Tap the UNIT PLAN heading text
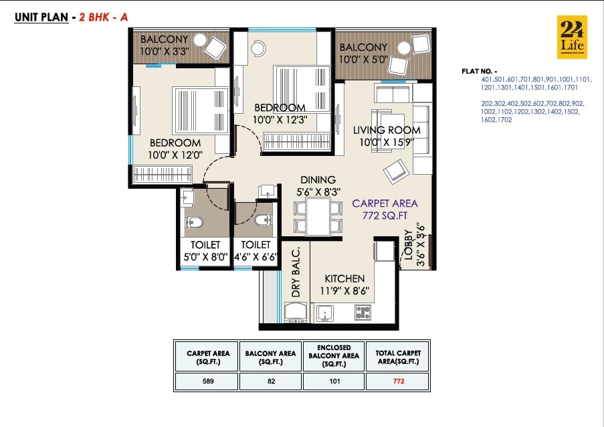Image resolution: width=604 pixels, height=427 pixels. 40,18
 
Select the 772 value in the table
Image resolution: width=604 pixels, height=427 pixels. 399,381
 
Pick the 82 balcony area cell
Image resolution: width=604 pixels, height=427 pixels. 270,381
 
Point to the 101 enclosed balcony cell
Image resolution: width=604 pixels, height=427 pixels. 334,381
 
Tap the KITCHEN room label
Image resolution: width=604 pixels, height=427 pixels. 344,278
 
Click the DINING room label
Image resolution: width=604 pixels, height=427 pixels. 318,180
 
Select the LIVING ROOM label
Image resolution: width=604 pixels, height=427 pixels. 387,130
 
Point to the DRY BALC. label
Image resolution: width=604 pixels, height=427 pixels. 296,271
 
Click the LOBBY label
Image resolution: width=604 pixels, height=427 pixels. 409,246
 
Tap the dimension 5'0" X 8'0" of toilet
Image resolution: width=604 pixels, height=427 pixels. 205,256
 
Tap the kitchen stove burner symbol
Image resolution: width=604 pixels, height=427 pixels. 363,312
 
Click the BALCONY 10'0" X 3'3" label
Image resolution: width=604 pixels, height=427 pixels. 164,45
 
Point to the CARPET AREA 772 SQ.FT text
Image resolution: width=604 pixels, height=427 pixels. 385,209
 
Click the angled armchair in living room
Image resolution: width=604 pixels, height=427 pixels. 395,171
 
